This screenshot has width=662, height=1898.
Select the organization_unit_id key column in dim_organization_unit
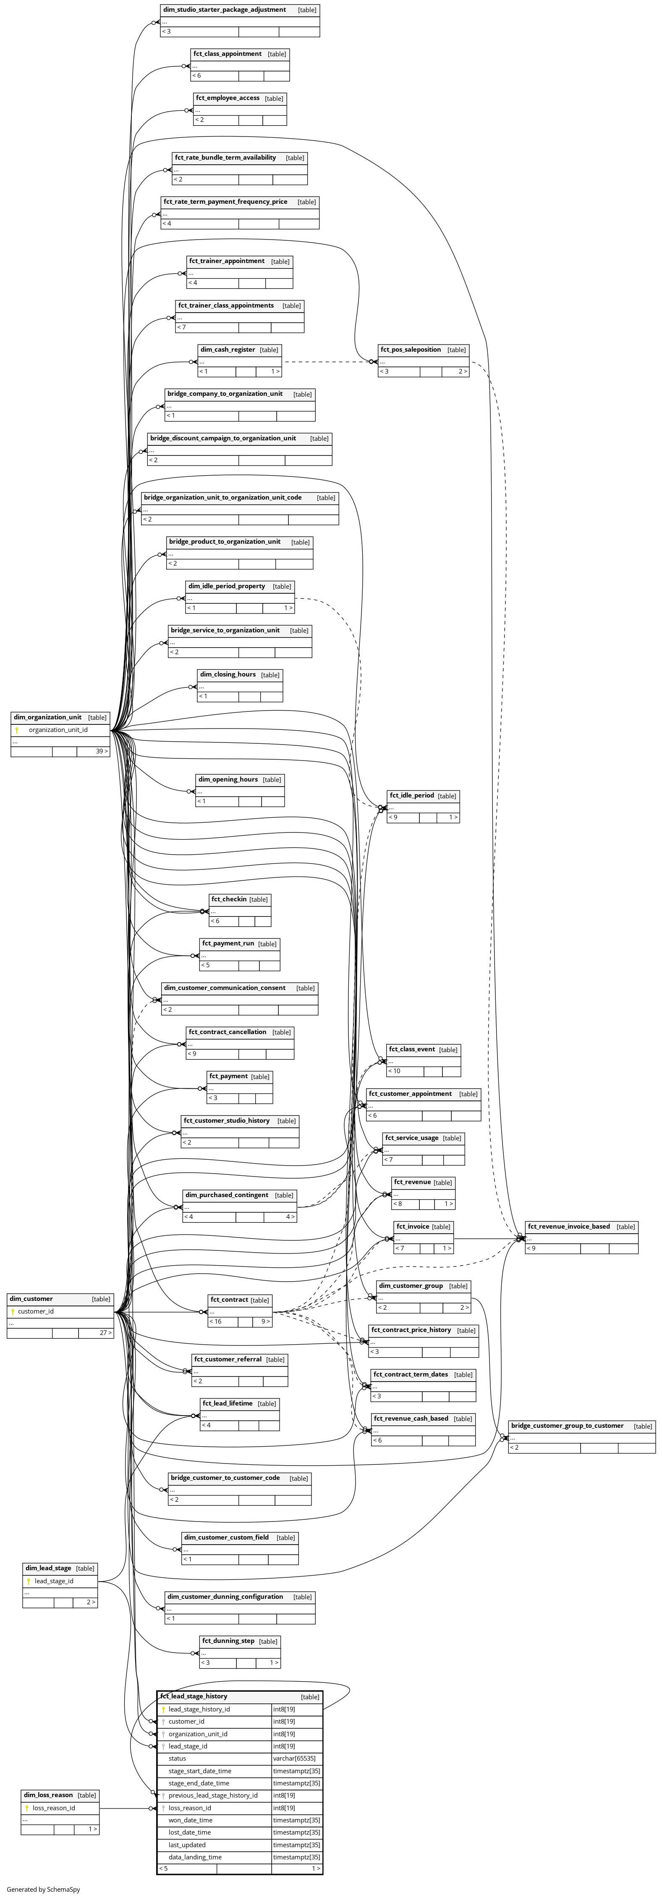(x=58, y=729)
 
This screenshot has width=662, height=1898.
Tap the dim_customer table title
(x=31, y=1298)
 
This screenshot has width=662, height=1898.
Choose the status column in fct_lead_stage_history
(x=178, y=1758)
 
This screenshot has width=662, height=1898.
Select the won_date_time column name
(x=191, y=1820)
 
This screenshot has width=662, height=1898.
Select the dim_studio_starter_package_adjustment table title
(x=225, y=10)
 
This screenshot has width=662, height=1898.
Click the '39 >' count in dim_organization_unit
(x=102, y=752)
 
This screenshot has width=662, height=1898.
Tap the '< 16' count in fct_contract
(x=216, y=1321)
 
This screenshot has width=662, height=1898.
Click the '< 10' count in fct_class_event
(x=395, y=1071)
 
